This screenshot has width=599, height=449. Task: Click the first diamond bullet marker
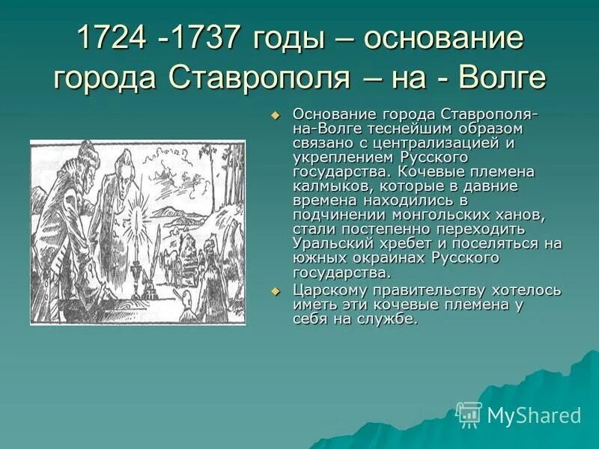tap(275, 114)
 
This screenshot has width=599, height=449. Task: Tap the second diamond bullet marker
tap(275, 290)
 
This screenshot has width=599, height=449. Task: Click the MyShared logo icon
tap(469, 414)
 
